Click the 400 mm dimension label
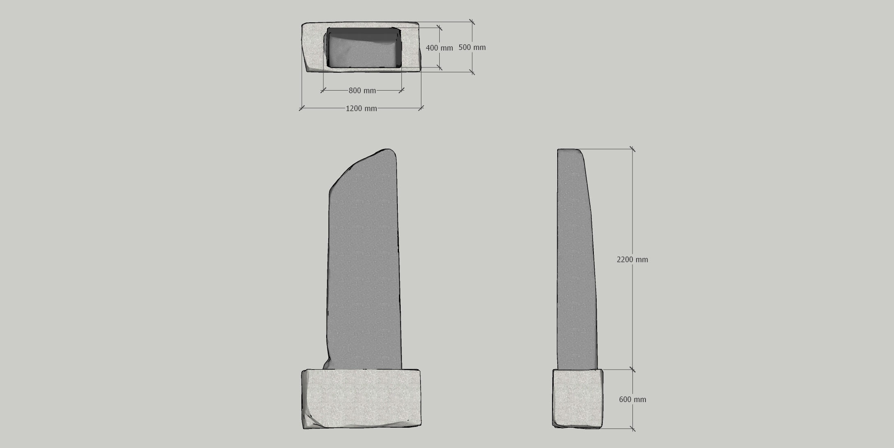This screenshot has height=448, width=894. [439, 48]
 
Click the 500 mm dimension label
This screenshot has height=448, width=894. [472, 47]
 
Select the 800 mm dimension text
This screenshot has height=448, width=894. [362, 91]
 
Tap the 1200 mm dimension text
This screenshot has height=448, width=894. [361, 108]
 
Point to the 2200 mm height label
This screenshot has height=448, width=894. [632, 260]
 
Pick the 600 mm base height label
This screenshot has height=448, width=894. [632, 400]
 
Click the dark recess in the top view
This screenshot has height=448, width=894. [363, 48]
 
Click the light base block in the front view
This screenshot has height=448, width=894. [361, 399]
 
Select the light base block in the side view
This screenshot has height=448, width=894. [578, 398]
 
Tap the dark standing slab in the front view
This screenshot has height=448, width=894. [363, 260]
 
